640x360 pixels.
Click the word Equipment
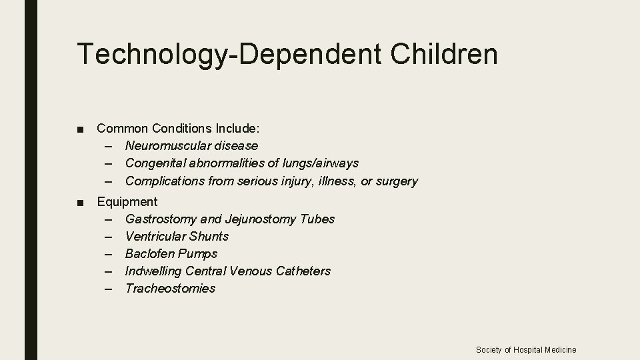click(127, 201)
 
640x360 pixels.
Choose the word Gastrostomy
click(161, 219)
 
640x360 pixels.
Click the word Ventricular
click(155, 236)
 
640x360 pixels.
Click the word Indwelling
click(153, 271)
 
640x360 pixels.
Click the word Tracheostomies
click(170, 288)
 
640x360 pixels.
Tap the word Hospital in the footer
click(527, 349)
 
